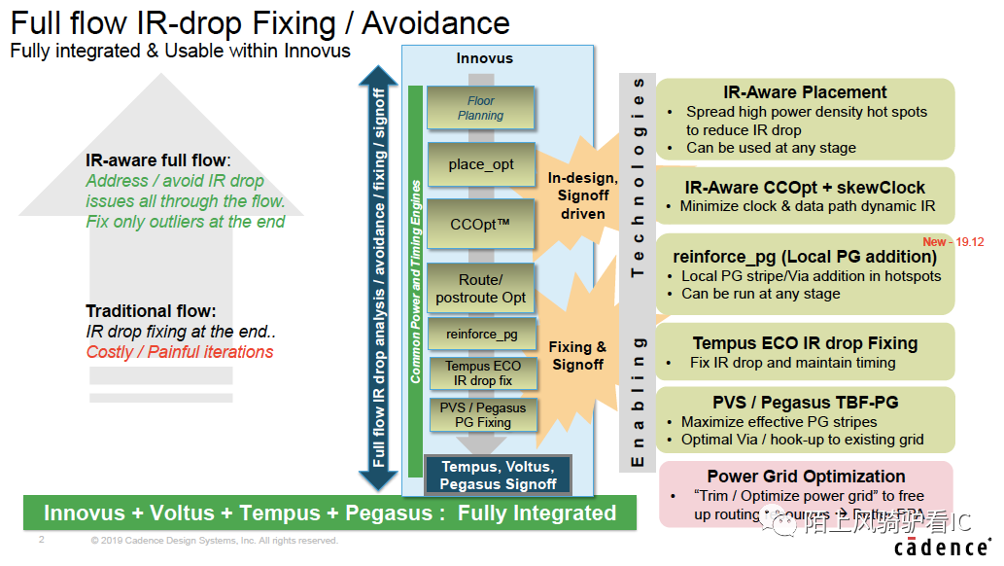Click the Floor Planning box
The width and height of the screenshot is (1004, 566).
[x=481, y=108]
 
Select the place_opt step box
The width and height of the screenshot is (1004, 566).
[x=481, y=164]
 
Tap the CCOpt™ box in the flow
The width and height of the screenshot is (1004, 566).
[x=481, y=224]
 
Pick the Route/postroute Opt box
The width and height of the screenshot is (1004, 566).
[x=481, y=288]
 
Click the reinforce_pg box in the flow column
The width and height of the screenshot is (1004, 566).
[x=481, y=334]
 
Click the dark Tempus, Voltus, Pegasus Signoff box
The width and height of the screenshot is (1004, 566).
[x=498, y=476]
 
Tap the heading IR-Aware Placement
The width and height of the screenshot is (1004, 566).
[x=805, y=92]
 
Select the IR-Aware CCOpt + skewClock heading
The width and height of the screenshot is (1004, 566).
[x=805, y=187]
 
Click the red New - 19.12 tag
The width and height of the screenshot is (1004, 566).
[x=953, y=242]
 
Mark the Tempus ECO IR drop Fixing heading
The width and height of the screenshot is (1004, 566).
[x=805, y=343]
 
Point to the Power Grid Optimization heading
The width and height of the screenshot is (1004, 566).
[x=806, y=476]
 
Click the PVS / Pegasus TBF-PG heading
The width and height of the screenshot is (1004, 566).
[x=805, y=402]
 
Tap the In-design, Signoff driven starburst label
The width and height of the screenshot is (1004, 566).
[x=583, y=195]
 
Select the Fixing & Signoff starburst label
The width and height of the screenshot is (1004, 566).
[x=577, y=355]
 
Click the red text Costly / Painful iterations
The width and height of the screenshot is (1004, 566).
[x=180, y=351]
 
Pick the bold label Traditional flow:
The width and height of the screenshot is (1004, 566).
[x=150, y=311]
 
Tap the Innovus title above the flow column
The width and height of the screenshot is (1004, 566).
[x=484, y=59]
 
